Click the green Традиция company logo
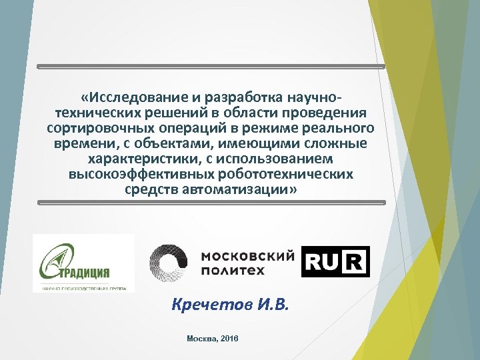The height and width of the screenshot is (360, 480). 83,263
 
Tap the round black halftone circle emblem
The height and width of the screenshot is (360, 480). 169,261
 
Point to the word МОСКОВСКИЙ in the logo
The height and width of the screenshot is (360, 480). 247,255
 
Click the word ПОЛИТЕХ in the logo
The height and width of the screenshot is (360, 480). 233,271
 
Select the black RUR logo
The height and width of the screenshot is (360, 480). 335,261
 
